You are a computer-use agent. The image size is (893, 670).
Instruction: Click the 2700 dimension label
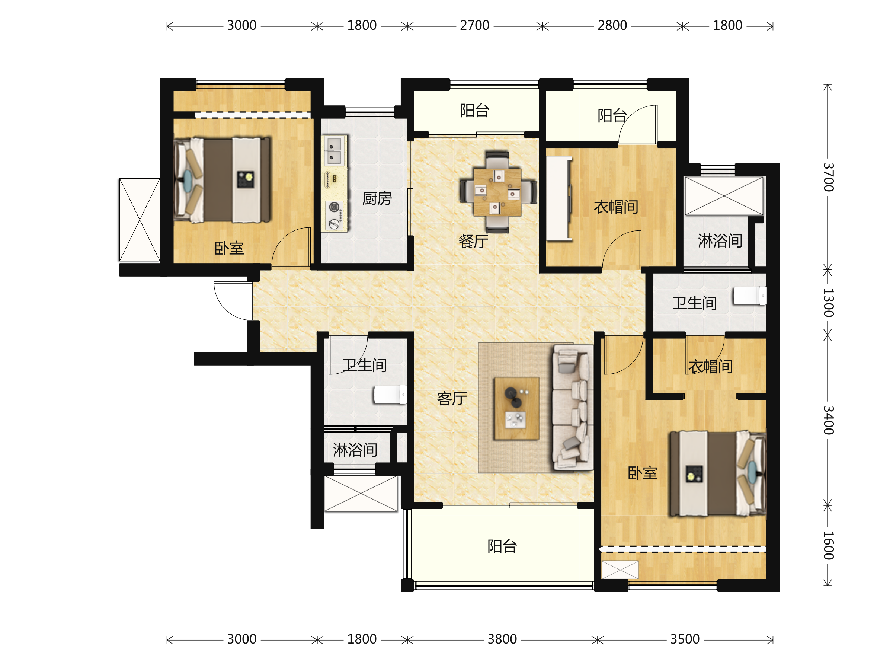point(474,25)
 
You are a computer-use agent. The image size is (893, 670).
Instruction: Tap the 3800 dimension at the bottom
point(502,639)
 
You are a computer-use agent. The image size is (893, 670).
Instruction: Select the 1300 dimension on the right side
point(828,303)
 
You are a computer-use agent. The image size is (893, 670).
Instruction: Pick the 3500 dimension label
point(685,639)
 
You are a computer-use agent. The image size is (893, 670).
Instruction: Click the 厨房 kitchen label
point(377,198)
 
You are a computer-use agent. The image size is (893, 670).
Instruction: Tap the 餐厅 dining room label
point(474,241)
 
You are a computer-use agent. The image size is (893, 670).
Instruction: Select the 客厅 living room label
point(452,398)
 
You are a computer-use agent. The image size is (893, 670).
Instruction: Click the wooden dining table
point(497,192)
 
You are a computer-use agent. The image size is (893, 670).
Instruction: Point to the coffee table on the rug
point(517,408)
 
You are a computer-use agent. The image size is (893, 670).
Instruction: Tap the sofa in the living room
point(573,407)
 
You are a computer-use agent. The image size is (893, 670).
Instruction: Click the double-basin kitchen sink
point(334,151)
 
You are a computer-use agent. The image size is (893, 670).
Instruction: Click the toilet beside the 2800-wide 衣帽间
point(750,296)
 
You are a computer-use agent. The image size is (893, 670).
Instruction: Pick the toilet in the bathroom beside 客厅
point(390,395)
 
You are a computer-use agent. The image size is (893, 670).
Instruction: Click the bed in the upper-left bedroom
point(222,180)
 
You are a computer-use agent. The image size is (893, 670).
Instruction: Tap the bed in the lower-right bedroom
point(718,473)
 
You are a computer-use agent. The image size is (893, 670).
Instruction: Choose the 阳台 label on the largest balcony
point(502,546)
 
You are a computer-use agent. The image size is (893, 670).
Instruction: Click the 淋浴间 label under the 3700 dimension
point(720,241)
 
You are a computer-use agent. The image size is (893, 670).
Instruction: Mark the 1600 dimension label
point(828,545)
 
